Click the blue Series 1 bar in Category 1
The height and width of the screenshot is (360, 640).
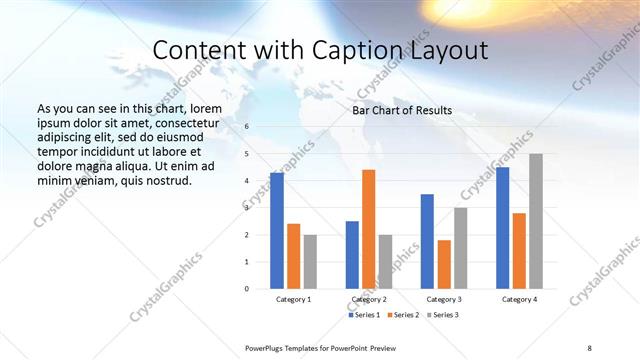coord(277,231)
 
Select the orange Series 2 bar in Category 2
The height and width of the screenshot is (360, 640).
coord(368,229)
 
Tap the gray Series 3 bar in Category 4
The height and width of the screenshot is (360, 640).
coord(536,221)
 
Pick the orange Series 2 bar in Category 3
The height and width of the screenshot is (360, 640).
coord(444,264)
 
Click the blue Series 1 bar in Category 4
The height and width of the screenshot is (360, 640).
coord(502,228)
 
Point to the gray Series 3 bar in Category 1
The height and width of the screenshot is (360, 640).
coord(310,262)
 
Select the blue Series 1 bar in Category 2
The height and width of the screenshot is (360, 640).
coord(352,255)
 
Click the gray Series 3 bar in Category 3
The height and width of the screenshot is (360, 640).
coord(460,248)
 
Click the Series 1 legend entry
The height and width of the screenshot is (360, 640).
coord(364,315)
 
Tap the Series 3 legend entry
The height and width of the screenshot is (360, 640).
coord(443,315)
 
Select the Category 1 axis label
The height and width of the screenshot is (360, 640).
coord(293,299)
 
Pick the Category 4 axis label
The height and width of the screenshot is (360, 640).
coord(519,299)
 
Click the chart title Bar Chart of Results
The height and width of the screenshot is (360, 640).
coord(402,111)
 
